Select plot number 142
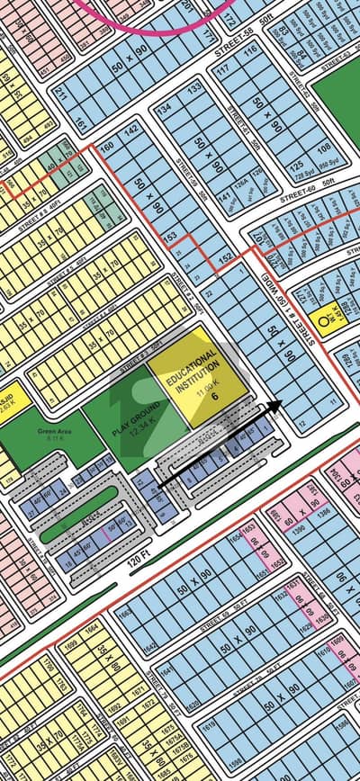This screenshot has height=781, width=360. pos(132,131)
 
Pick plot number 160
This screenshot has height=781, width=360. pos(106,148)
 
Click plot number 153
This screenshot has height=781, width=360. pos(169,236)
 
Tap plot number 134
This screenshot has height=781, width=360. pos(164,110)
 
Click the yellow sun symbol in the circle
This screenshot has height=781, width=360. pos(322,319)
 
